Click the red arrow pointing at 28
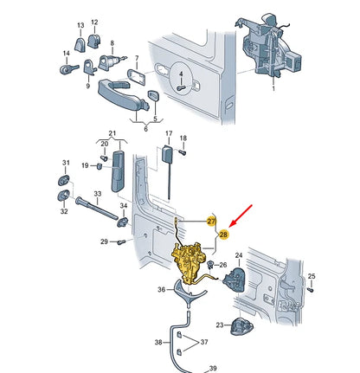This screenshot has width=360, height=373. (241, 215)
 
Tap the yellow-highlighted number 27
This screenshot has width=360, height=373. (211, 222)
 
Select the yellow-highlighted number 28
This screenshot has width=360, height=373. (223, 235)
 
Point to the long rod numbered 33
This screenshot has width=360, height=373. (97, 208)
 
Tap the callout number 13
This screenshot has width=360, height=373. (80, 25)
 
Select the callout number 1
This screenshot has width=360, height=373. (273, 88)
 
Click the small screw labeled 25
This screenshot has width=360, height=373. (311, 289)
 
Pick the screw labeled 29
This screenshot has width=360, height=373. (121, 242)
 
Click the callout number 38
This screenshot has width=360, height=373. (158, 343)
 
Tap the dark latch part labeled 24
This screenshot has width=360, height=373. (235, 280)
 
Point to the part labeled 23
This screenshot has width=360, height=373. (241, 326)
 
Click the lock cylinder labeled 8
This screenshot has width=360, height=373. (111, 62)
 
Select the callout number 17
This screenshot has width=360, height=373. (169, 133)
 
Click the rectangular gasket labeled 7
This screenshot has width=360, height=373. (137, 76)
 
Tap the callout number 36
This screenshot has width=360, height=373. (162, 289)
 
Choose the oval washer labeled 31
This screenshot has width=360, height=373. (64, 180)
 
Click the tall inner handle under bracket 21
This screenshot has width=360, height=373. (119, 171)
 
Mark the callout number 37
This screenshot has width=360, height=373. (204, 342)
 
